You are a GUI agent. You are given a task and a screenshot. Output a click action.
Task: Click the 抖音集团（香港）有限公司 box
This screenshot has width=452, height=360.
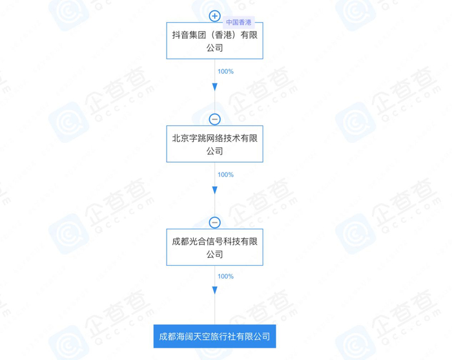(x=214, y=41)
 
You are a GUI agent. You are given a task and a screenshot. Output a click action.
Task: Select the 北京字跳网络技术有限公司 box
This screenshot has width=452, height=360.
(x=214, y=144)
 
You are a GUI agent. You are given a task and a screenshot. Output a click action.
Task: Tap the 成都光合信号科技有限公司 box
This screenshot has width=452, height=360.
(x=214, y=247)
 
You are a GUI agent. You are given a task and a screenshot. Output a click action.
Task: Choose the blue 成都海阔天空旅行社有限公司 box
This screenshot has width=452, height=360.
(x=214, y=337)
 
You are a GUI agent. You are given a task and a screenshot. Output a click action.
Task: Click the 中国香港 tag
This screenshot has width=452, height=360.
(x=240, y=22)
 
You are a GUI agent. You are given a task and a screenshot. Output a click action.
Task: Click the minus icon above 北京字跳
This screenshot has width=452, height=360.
(x=215, y=120)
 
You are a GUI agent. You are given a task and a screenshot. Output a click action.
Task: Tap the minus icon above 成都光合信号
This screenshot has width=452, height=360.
(x=215, y=222)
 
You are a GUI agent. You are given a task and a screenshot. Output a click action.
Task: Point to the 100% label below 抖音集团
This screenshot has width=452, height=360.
(x=225, y=72)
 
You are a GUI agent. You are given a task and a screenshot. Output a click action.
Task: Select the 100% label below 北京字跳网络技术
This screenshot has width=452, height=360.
(x=225, y=175)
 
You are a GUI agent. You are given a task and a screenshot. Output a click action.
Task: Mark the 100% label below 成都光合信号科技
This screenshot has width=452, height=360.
(x=225, y=277)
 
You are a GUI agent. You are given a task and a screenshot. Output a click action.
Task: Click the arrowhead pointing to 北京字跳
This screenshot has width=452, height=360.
(x=215, y=87)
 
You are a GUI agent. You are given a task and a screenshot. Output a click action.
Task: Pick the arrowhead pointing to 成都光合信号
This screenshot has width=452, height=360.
(x=215, y=190)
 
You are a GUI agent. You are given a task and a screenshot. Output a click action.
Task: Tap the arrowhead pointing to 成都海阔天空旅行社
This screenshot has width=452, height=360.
(x=215, y=291)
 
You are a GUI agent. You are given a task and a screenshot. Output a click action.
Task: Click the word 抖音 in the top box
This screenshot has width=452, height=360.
(x=180, y=35)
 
